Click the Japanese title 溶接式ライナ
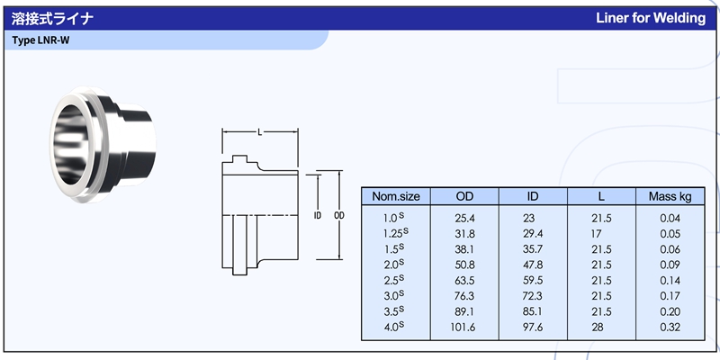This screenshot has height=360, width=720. (x=52, y=18)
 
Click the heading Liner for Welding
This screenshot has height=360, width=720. (x=651, y=18)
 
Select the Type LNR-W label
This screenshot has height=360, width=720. (x=40, y=40)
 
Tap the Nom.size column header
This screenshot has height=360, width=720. (x=396, y=196)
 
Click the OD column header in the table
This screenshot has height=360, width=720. (x=464, y=196)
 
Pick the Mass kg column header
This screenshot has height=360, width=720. (x=670, y=196)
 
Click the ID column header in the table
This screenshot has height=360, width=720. (x=533, y=196)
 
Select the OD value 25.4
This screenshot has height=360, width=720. (x=464, y=218)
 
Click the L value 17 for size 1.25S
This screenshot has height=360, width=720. (x=596, y=234)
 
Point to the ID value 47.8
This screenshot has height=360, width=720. (x=533, y=265)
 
